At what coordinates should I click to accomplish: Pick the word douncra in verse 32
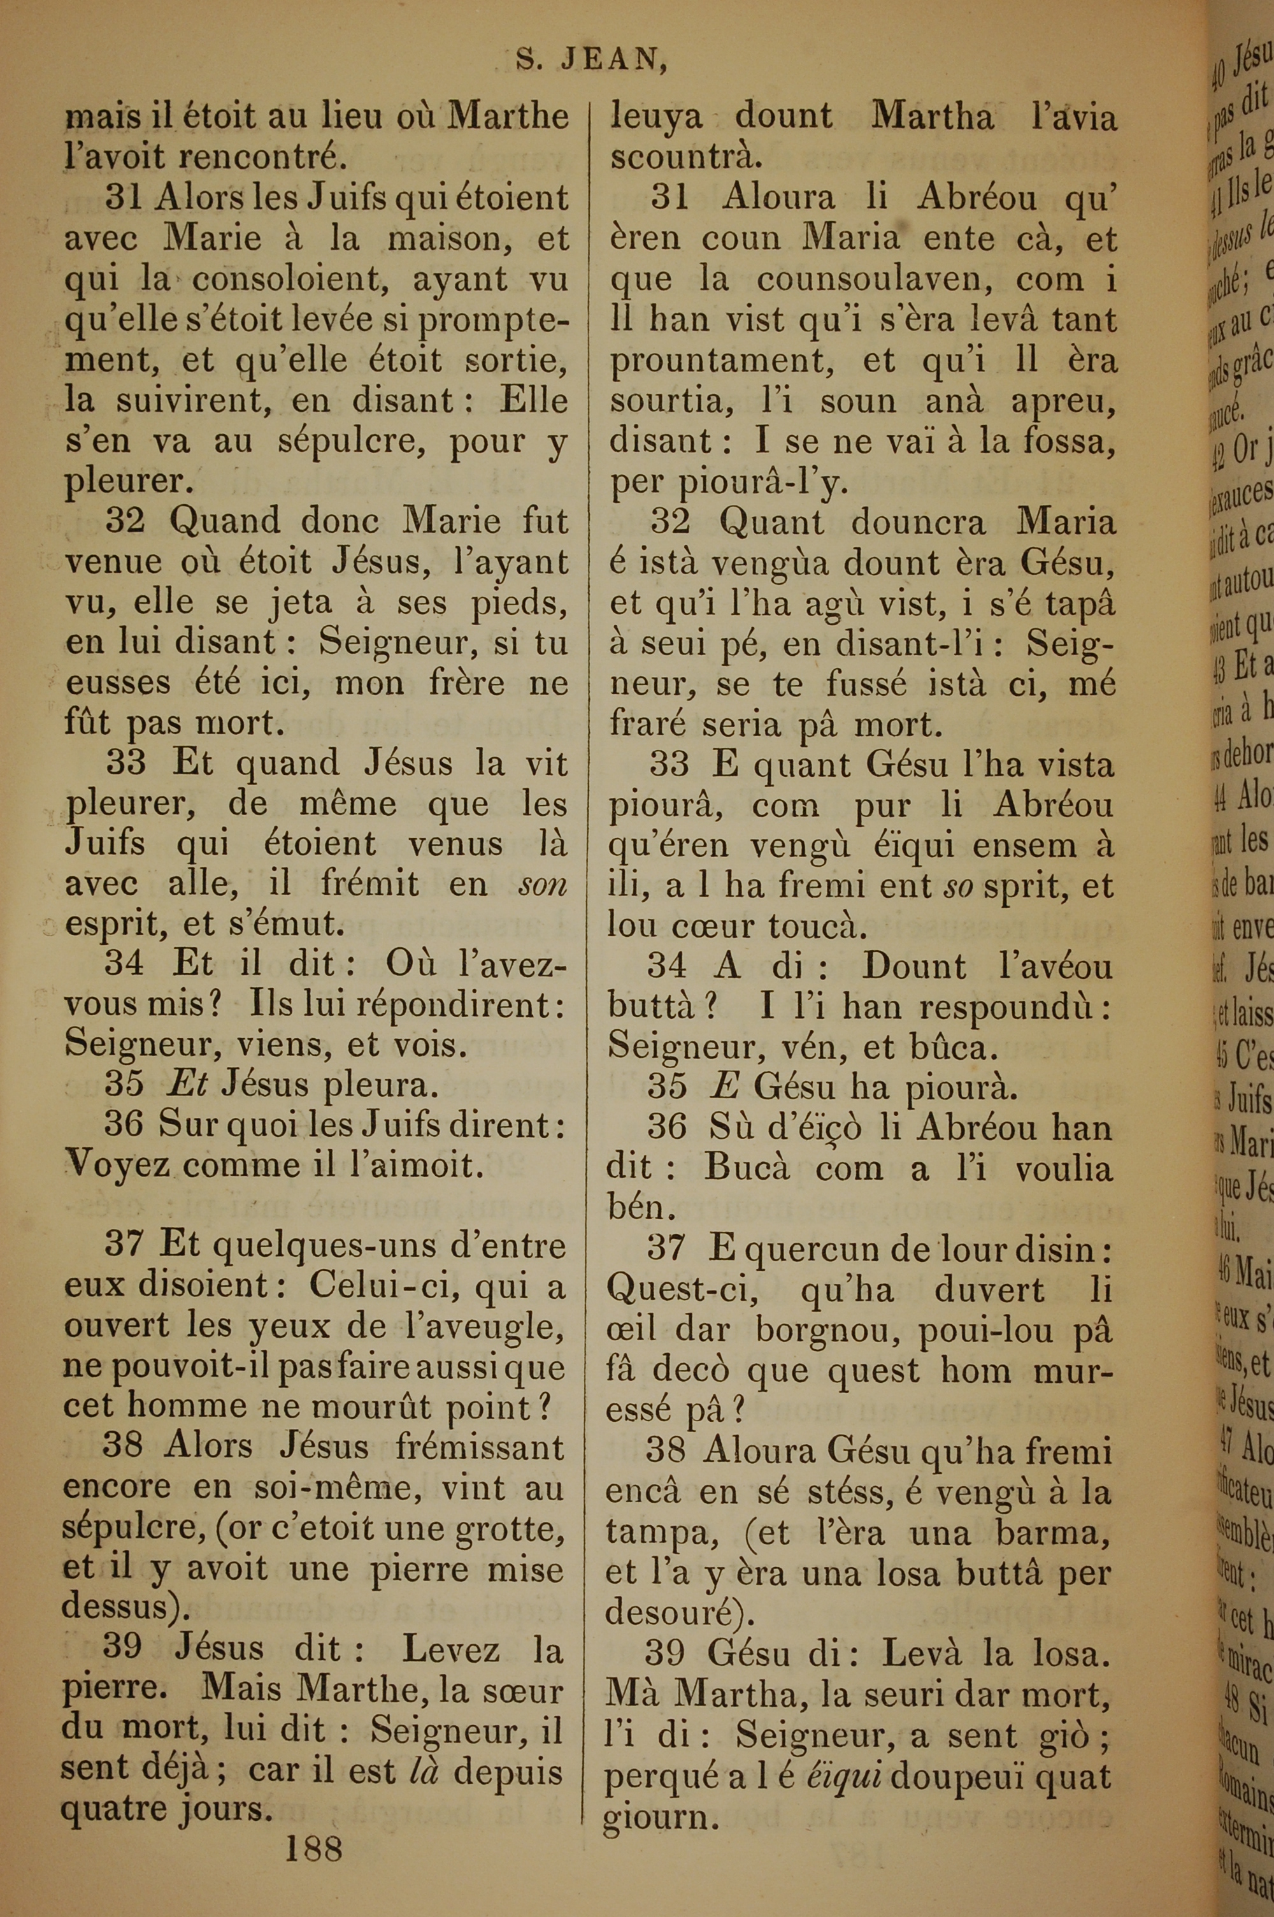click(x=918, y=522)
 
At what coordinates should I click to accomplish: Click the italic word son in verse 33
click(x=542, y=884)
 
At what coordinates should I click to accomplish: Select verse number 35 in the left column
click(x=124, y=1085)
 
